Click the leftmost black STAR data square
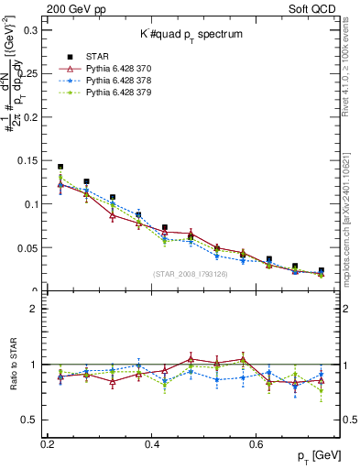(x=60, y=168)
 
